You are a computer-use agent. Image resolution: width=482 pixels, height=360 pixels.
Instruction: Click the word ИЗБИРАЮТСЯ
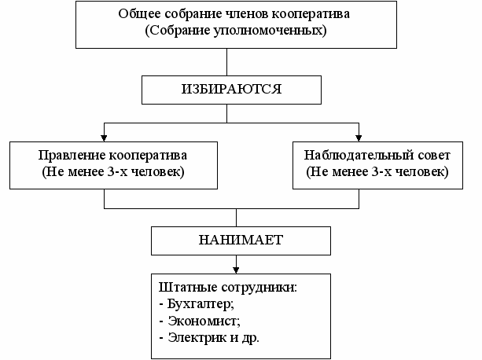(226, 90)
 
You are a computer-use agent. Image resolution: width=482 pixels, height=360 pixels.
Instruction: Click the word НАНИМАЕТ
(235, 239)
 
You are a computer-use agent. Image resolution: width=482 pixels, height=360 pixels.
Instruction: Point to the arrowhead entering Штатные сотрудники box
(235, 268)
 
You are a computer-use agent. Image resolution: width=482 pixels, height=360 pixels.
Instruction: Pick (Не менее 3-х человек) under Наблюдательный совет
(373, 172)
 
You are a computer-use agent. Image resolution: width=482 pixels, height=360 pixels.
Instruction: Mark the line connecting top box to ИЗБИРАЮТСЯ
(226, 62)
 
